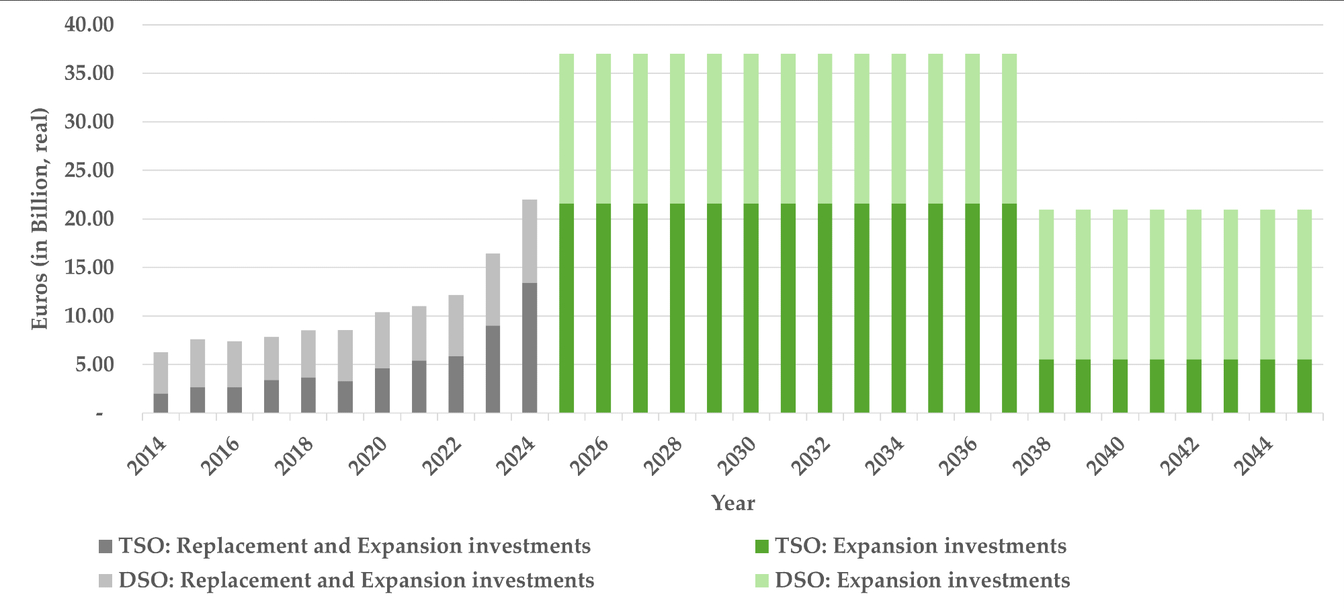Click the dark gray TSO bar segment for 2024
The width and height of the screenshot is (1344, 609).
click(530, 348)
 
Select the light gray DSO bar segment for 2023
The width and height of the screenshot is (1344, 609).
click(493, 289)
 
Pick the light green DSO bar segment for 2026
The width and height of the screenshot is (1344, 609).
click(603, 128)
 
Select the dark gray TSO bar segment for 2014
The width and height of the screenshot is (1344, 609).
click(161, 403)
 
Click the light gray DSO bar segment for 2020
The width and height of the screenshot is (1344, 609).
click(382, 340)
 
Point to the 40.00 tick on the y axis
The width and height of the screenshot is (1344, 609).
click(89, 25)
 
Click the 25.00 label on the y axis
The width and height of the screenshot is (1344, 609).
click(89, 171)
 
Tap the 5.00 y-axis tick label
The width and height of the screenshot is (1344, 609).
click(94, 365)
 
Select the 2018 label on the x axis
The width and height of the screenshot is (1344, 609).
click(296, 456)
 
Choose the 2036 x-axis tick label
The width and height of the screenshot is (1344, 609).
click(960, 456)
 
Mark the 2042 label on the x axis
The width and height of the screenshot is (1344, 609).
click(1181, 456)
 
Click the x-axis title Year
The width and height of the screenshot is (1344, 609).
click(733, 503)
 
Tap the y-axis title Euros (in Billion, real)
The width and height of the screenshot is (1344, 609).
click(40, 218)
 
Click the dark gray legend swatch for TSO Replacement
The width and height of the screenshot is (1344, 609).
click(106, 546)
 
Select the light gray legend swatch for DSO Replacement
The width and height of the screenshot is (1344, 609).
click(106, 581)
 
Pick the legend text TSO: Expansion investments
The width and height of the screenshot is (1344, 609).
click(920, 546)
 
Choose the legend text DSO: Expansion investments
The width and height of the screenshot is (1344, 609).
click(922, 581)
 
